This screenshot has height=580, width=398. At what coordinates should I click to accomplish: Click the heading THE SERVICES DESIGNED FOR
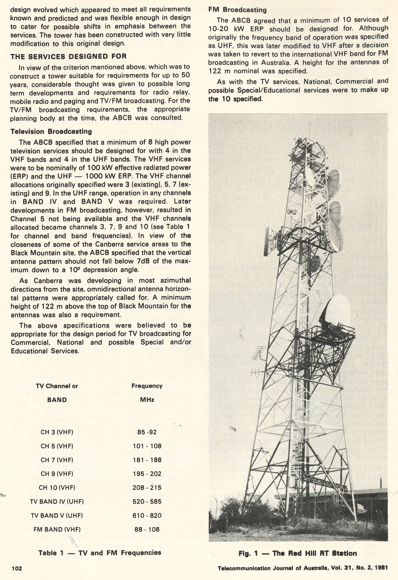pos(68,56)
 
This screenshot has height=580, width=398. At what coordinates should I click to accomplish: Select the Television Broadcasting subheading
pos(51,132)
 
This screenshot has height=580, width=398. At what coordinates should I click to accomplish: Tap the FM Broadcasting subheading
pos(237,10)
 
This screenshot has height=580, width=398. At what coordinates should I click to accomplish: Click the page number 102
pos(16,568)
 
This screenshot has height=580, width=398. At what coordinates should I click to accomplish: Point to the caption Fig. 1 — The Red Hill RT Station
pos(298,553)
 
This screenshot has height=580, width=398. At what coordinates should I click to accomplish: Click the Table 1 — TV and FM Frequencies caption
pos(100,553)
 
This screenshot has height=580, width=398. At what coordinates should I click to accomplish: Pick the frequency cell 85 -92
pos(147,432)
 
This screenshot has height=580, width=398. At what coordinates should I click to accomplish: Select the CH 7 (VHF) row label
pos(57,460)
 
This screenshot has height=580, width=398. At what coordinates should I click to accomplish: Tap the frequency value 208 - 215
pos(147,488)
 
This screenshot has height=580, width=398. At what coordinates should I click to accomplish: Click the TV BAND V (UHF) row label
pos(57,515)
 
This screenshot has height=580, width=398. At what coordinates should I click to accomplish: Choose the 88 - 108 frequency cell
pos(147,529)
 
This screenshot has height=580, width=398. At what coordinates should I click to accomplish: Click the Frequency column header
pos(147,386)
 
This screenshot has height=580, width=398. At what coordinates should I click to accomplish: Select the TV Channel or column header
pos(57,386)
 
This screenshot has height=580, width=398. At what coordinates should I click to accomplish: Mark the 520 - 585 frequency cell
pos(147,502)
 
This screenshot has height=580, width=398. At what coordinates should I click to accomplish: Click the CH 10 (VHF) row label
pos(57,488)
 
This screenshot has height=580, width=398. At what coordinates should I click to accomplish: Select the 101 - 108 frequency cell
pos(147,446)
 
